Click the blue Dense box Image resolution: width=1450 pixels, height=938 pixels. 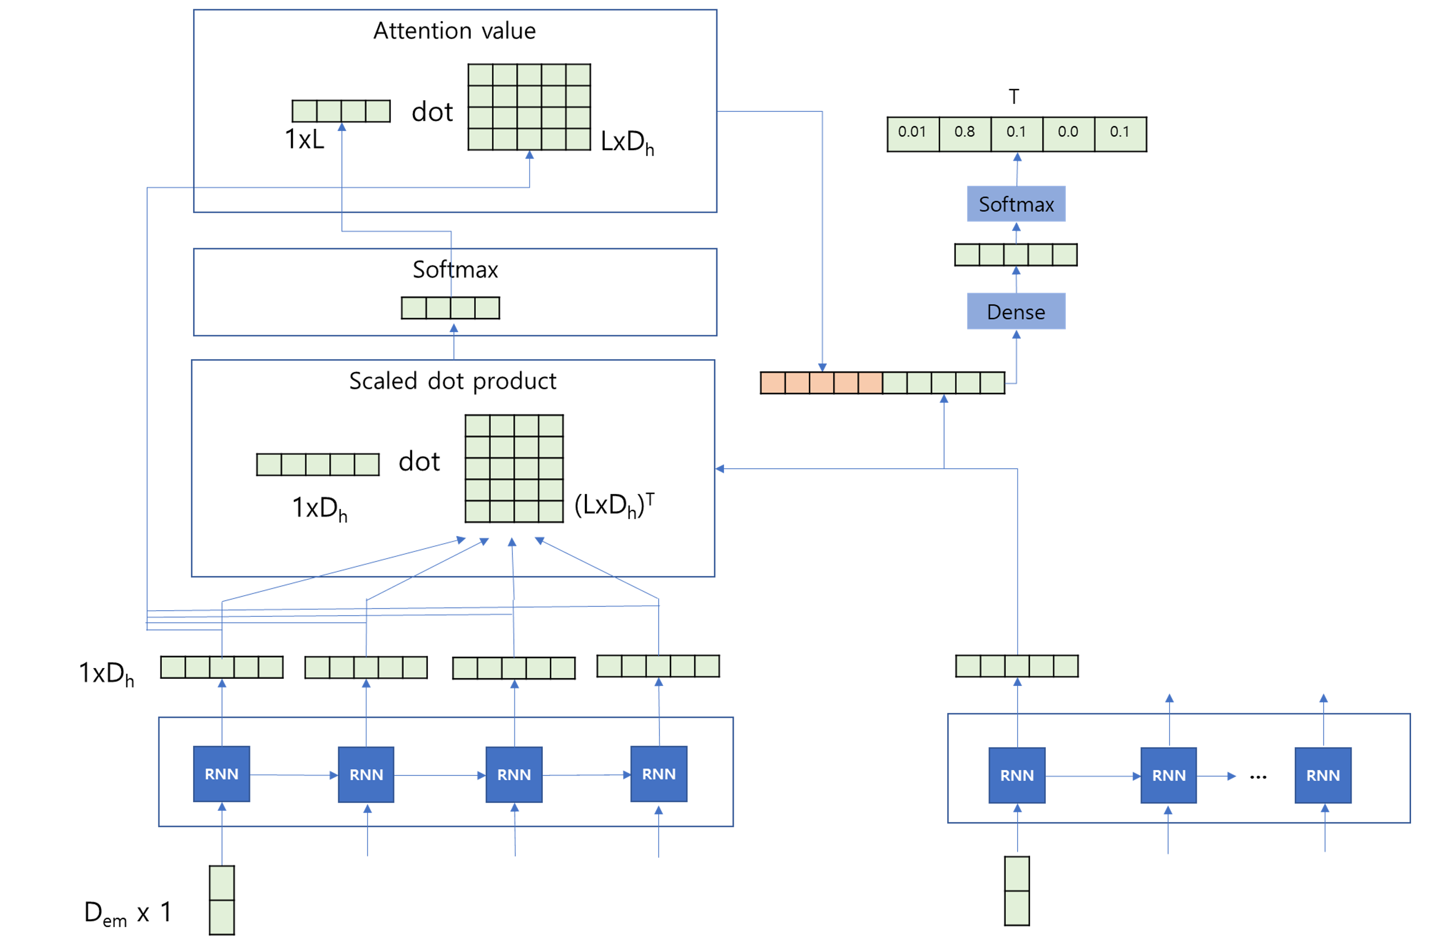1016,311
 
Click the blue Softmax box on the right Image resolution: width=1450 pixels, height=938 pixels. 1016,204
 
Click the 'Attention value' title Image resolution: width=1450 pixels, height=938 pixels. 454,30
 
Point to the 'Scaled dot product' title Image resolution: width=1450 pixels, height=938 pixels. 452,381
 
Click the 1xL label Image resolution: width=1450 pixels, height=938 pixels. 305,140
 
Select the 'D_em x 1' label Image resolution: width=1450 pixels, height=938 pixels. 128,913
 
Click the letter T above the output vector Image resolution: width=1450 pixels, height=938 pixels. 1013,96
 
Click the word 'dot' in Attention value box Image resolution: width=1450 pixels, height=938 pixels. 432,112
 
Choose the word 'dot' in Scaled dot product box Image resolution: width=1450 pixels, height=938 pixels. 419,461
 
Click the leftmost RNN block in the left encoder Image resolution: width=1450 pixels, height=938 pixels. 221,774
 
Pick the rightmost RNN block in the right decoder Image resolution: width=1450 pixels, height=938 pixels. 1323,775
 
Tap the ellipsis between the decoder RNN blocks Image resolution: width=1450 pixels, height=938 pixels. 1258,777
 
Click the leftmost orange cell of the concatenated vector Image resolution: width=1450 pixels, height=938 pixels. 773,383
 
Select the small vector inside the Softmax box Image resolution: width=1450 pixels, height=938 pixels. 450,308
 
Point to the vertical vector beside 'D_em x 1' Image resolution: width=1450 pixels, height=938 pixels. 222,900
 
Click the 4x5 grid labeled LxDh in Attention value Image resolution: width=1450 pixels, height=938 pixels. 529,107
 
